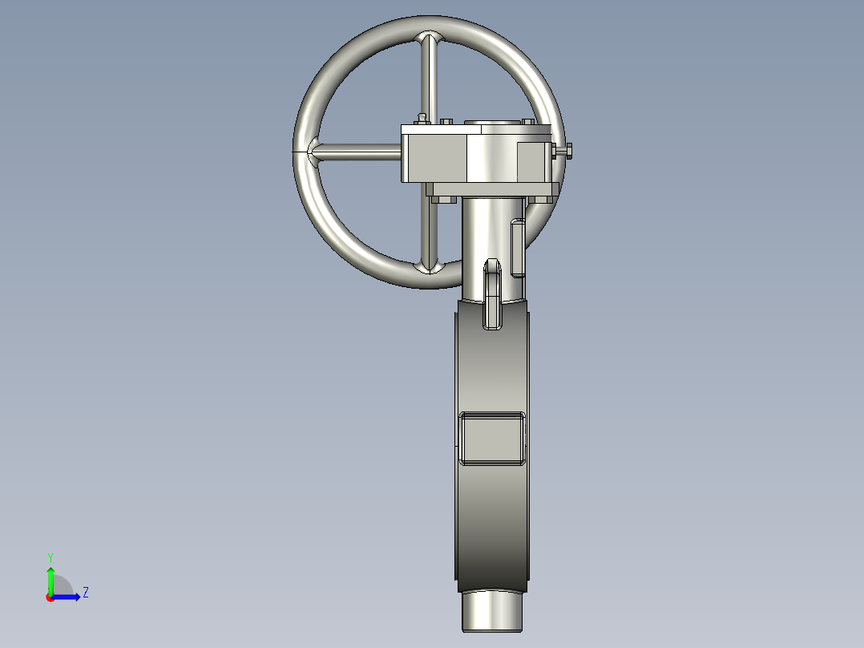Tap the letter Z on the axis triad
coord(85,593)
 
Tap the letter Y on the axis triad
coord(50,557)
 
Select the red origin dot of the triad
coord(50,597)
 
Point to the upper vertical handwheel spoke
coord(432,80)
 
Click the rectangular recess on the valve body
coord(492,439)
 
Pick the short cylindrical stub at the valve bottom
coord(492,612)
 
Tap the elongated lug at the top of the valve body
coord(492,293)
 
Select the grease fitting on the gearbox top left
coord(421,119)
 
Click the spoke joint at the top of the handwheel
coord(432,39)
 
